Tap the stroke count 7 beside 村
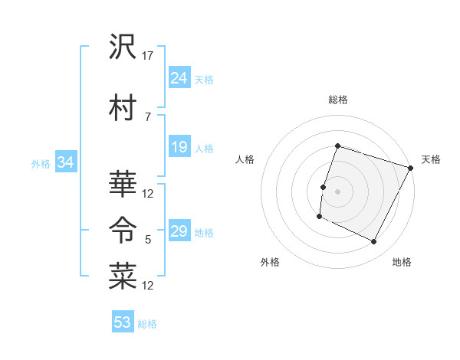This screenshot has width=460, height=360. pyautogui.click(x=148, y=117)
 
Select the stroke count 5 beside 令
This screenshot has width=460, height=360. pyautogui.click(x=148, y=240)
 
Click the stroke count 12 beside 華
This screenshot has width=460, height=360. pyautogui.click(x=149, y=193)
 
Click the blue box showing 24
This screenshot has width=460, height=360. pyautogui.click(x=179, y=78)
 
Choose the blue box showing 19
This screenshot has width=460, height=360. pyautogui.click(x=179, y=147)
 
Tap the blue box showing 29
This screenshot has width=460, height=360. pyautogui.click(x=179, y=231)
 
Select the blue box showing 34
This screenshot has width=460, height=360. pyautogui.click(x=65, y=162)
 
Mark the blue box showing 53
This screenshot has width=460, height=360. pyautogui.click(x=123, y=322)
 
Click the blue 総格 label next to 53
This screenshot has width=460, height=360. pyautogui.click(x=148, y=324)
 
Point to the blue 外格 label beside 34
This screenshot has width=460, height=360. pyautogui.click(x=41, y=163)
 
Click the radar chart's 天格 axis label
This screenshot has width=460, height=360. pyautogui.click(x=431, y=159)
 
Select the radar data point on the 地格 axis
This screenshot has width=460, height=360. pyautogui.click(x=374, y=242)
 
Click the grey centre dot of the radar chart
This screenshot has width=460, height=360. pyautogui.click(x=337, y=191)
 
